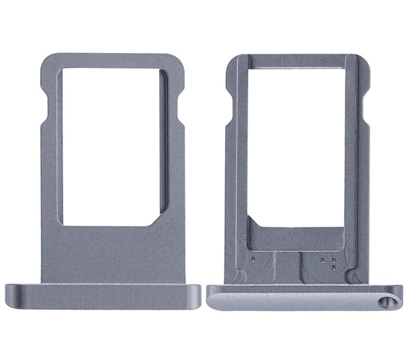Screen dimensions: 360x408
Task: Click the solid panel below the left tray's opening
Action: tap(112, 252)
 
